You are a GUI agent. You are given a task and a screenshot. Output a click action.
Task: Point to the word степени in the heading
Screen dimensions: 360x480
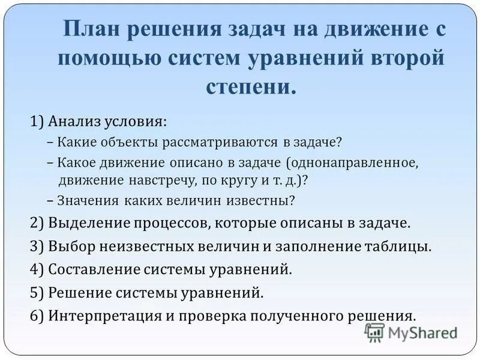coord(251,86)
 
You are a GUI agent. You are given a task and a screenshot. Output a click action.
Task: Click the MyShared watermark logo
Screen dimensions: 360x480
coord(410,332)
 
